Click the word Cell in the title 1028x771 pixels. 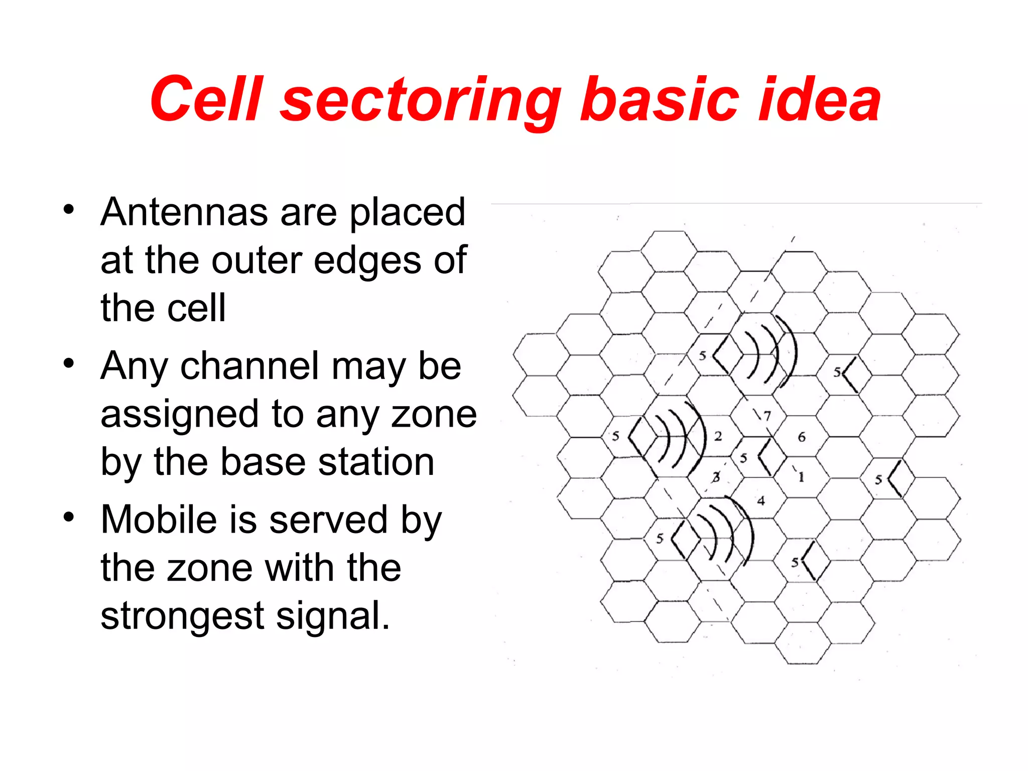click(x=206, y=99)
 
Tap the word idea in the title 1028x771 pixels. click(x=818, y=99)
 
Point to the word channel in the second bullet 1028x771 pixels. click(x=249, y=365)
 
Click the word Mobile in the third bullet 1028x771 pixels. click(x=159, y=520)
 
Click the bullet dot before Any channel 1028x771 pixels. click(x=69, y=362)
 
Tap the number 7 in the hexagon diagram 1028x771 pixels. click(x=767, y=416)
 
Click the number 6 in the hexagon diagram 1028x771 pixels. click(x=802, y=437)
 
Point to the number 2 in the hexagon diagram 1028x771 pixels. click(x=718, y=436)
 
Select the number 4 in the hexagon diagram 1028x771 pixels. click(x=761, y=500)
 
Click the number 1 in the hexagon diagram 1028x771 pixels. click(x=801, y=477)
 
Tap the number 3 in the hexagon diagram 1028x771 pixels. click(x=716, y=477)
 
